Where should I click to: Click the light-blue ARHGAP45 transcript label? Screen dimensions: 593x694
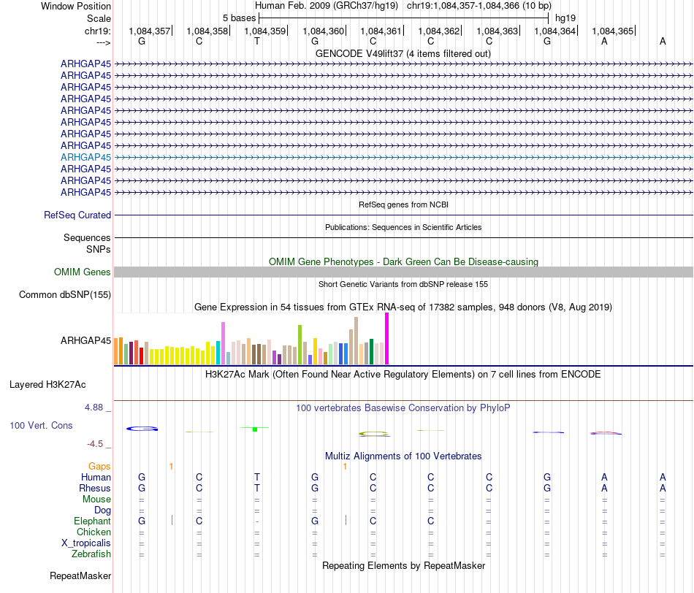86,157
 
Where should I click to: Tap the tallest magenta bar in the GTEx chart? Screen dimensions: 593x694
386,338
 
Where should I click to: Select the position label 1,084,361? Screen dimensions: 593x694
381,31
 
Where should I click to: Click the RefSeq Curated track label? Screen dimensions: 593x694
77,215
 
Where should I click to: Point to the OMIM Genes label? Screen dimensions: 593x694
83,272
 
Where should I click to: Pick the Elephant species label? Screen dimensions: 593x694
92,521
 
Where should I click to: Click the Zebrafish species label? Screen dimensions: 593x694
91,554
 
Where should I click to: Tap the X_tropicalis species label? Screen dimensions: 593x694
86,543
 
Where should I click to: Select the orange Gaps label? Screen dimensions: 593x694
99,466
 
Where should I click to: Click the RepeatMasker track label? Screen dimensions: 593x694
80,575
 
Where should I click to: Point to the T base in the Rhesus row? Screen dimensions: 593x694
257,488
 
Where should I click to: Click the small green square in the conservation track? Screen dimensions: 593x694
254,429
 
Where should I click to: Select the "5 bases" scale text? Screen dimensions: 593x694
239,17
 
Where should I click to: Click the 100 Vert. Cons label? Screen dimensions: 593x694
41,425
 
